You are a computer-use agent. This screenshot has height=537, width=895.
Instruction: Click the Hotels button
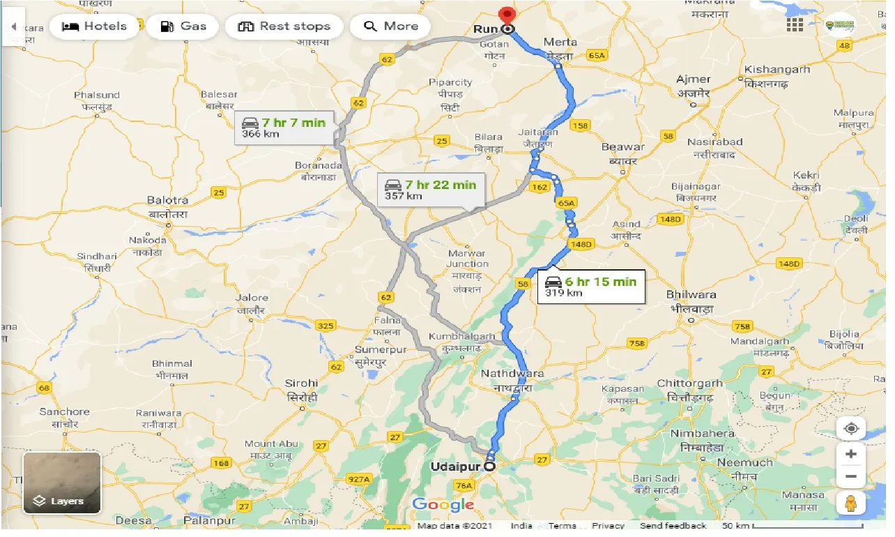(95, 27)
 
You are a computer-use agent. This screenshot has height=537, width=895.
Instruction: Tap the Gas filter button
(183, 27)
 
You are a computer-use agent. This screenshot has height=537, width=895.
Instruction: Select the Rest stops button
(284, 27)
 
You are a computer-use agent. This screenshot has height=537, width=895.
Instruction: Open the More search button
(390, 27)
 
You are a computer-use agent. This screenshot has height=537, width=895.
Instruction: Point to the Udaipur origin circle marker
(489, 467)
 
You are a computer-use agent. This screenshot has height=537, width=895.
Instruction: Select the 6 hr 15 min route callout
(591, 287)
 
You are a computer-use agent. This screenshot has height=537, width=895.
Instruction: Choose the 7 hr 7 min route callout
(284, 128)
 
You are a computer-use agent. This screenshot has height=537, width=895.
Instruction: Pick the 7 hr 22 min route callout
(430, 190)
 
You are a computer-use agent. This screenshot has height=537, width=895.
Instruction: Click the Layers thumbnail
(62, 483)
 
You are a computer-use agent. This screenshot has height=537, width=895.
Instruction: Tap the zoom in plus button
(850, 455)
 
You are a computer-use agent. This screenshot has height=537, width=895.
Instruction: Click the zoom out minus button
(850, 478)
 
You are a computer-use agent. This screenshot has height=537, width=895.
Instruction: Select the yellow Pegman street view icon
(850, 503)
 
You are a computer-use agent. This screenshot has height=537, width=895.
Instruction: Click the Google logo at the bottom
(443, 505)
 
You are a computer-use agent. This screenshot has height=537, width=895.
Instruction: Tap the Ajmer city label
(693, 80)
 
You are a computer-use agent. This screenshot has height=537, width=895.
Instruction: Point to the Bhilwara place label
(690, 294)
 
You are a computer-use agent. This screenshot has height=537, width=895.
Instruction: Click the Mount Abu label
(270, 444)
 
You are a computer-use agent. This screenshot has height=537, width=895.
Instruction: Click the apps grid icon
(795, 25)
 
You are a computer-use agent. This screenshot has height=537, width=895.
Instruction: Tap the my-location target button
(850, 428)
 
